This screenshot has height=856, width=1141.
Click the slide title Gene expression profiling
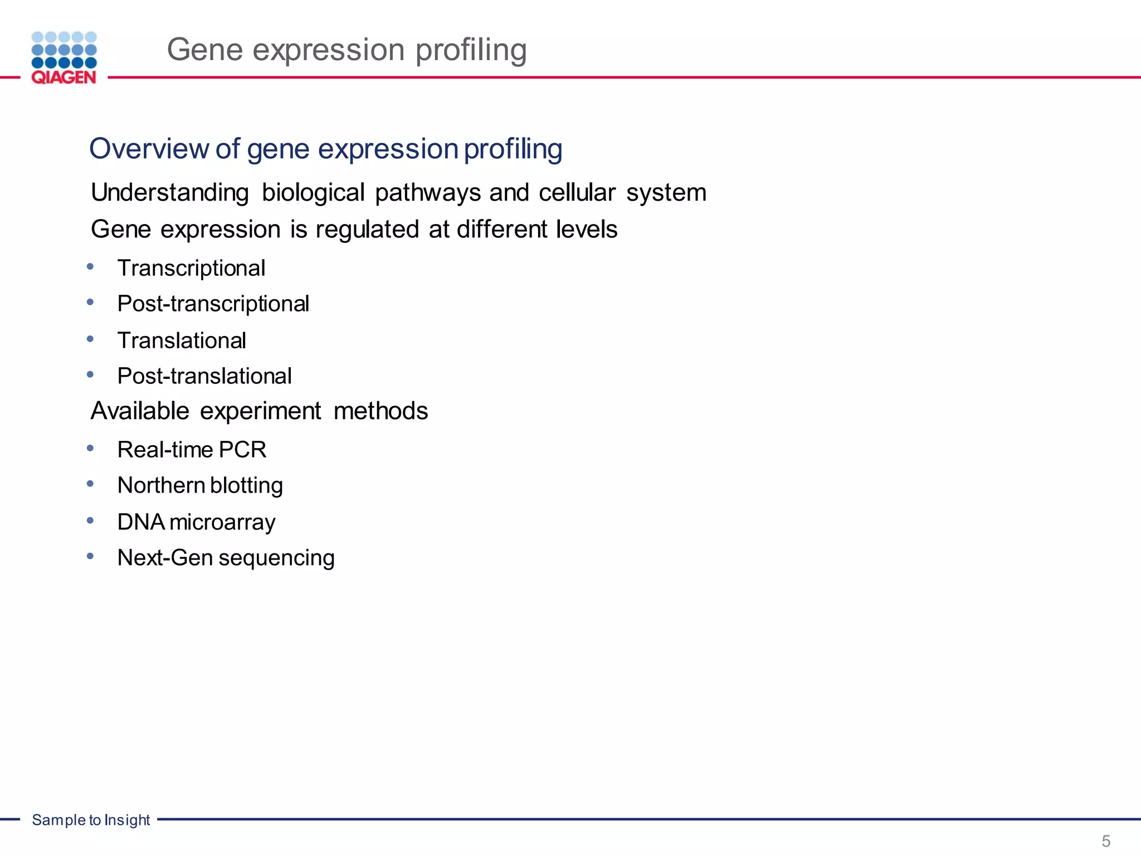[x=347, y=50]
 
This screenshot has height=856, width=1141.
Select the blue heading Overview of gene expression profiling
[x=325, y=149]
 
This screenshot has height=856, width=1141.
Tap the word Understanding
[x=170, y=193]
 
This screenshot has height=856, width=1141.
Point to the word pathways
[x=428, y=193]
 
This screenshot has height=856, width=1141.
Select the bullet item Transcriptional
[x=191, y=269]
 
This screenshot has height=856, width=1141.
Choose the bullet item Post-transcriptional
[x=213, y=304]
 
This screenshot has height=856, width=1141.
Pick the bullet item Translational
[x=182, y=341]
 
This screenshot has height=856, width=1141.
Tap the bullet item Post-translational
[x=204, y=376]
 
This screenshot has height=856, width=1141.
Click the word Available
[x=140, y=411]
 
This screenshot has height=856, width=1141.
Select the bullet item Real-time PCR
[x=192, y=450]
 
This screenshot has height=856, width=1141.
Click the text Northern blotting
[x=200, y=485]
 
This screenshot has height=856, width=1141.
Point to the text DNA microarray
[x=196, y=522]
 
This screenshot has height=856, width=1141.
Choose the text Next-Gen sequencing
[x=226, y=558]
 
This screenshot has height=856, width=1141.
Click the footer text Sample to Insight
[x=91, y=820]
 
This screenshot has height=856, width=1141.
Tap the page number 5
[x=1106, y=841]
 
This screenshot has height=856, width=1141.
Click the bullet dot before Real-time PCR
[x=90, y=448]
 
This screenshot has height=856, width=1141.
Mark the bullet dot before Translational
[x=90, y=339]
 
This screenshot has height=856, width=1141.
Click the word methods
[x=381, y=411]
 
